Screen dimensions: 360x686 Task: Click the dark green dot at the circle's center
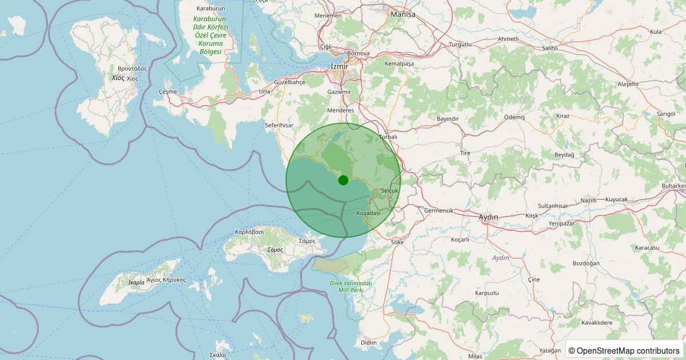343,180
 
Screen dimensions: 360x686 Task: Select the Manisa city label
403,14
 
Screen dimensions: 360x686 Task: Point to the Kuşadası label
368,213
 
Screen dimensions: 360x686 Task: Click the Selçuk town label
389,190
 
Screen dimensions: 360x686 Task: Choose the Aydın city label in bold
488,217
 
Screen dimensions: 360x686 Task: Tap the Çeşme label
167,91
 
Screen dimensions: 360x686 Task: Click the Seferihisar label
279,125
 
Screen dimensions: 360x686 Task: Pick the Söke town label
397,242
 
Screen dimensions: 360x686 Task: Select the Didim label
369,342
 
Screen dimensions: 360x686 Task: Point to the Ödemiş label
514,117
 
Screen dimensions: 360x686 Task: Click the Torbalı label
388,137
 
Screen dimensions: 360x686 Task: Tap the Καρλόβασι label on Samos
249,232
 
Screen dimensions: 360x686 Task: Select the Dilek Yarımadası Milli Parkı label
350,287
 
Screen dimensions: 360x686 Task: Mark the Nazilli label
588,201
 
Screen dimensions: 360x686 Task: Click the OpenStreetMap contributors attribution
624,350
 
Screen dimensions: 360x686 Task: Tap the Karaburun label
210,9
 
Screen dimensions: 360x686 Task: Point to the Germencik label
439,210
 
